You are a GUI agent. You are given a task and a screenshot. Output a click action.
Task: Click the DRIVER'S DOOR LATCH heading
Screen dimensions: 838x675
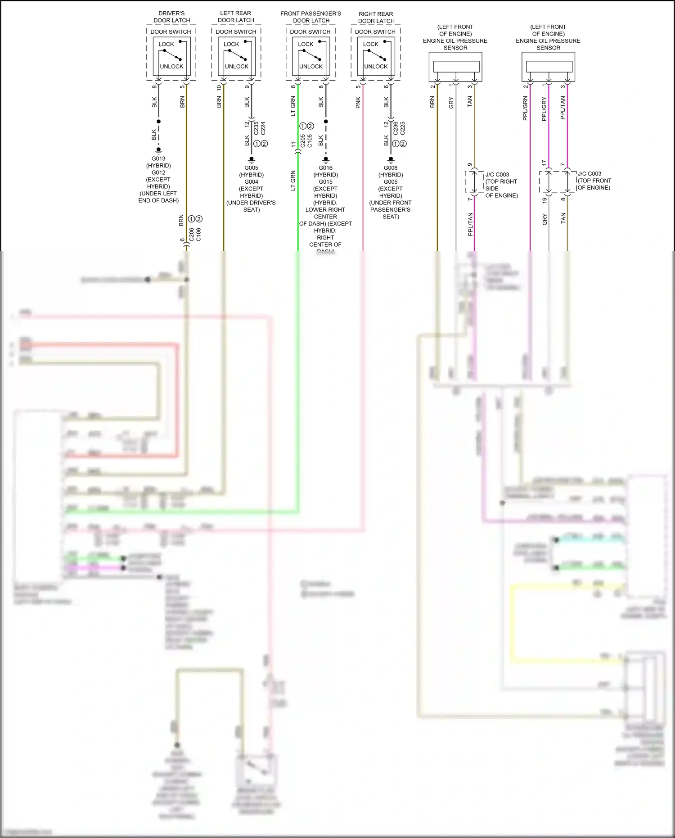[x=171, y=17]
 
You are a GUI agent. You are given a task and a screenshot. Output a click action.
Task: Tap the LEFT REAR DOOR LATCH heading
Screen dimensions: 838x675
[x=236, y=17]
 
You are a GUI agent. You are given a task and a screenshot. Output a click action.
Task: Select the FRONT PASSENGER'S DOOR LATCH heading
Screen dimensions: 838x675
[x=311, y=17]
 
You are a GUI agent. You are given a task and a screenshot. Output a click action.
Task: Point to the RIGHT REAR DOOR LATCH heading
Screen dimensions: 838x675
[x=376, y=18]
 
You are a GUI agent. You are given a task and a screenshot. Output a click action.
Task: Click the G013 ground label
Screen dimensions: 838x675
[x=158, y=159]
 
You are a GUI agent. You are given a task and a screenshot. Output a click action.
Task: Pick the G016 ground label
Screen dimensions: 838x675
[x=325, y=168]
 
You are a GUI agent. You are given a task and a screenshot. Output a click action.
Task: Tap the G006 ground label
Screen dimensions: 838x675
[x=391, y=168]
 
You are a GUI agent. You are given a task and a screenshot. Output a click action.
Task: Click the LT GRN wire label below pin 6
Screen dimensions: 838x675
[x=293, y=106]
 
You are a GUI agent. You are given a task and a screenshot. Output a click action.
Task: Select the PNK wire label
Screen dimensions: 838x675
[x=358, y=103]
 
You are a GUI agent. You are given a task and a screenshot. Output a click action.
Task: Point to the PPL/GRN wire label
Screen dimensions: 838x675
[x=525, y=108]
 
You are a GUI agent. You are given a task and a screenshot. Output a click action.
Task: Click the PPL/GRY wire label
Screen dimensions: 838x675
[x=544, y=109]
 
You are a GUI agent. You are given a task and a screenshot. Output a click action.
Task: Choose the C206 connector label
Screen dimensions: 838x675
[x=191, y=235]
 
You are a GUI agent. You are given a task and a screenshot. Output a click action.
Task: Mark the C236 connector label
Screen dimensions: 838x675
[x=396, y=128]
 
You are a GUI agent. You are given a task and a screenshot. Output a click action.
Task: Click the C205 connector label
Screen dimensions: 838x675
[x=303, y=141]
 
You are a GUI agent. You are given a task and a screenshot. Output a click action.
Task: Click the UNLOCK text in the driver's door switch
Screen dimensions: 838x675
[x=171, y=67]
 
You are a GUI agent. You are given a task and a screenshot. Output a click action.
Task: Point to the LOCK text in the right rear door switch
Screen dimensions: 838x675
[x=371, y=44]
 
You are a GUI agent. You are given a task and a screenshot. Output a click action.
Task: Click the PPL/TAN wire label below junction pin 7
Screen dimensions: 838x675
[x=471, y=224]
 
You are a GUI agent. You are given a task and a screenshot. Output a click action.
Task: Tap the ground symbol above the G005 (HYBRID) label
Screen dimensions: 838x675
[x=252, y=160]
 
